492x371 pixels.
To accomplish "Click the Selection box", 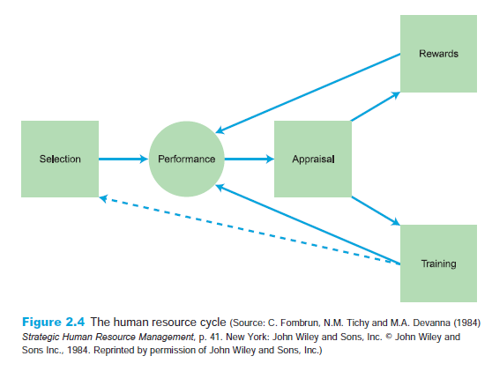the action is point(60,159).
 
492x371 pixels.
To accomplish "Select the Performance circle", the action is point(186,159).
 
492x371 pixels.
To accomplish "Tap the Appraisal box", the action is point(313,159).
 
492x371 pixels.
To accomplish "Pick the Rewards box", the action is point(439,54).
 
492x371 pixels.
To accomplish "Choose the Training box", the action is point(439,263).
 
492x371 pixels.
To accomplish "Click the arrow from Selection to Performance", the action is point(123,159).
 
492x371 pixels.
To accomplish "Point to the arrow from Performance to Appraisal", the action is point(250,159).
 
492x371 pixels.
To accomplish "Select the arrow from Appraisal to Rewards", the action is point(376,107).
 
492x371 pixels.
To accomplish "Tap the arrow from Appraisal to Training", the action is point(376,211).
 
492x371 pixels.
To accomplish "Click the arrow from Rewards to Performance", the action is point(308,93).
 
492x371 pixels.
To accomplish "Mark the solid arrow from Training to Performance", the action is point(308,224).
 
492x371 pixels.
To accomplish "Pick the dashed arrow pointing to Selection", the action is point(250,230).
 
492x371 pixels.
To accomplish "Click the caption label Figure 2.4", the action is point(53,322).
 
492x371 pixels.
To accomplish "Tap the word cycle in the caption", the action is point(212,322).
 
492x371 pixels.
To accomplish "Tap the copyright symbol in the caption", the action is point(389,337).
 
